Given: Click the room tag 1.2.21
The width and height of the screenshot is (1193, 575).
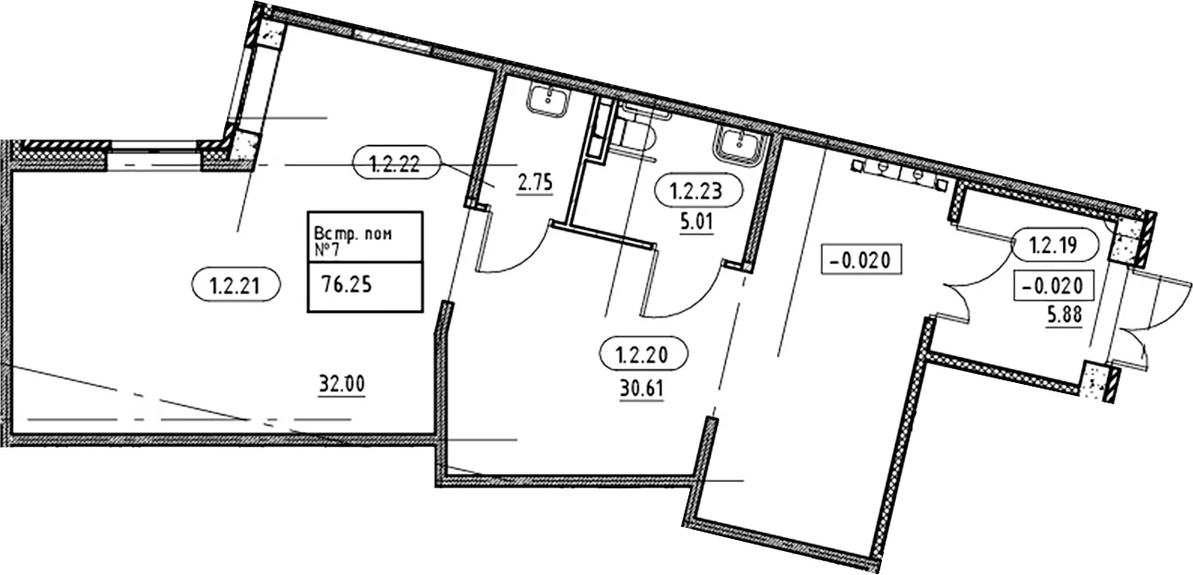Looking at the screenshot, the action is pos(235,285).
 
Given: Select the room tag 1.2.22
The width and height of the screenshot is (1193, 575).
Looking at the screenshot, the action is pos(396,162).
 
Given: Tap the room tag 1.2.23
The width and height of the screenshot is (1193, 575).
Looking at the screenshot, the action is pos(698,191).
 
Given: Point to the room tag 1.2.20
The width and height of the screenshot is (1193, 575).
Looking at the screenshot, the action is pos(643,353).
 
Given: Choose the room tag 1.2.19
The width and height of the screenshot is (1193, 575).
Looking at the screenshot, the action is pos(1055,246).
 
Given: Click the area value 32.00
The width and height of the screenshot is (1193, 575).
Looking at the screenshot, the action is pos(342,384).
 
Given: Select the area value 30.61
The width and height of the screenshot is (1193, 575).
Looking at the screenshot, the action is pos(642,389).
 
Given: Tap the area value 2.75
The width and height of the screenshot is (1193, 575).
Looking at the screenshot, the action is pos(535,184).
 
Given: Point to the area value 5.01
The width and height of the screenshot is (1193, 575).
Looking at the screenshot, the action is pos(696,222).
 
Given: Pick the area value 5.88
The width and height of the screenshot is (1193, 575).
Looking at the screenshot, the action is pos(1065,316).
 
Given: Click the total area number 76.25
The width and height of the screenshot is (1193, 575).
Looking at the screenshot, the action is pos(347,284).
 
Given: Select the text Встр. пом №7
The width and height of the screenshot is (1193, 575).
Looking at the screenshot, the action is pos(352,241).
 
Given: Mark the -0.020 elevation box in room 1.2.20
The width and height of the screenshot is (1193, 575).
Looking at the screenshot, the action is pos(861,259).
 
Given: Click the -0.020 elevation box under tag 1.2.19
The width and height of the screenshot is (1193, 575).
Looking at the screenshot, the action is pos(1054,285).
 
